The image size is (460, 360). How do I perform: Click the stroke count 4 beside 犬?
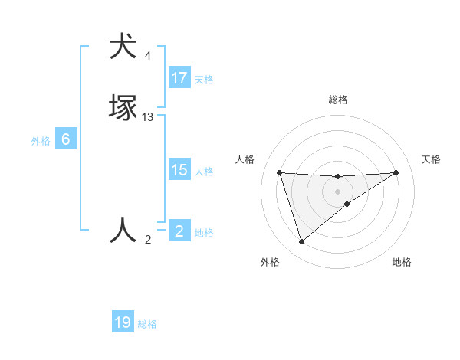(148, 56)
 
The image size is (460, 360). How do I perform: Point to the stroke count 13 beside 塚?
(148, 117)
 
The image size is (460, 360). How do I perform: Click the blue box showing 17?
(179, 78)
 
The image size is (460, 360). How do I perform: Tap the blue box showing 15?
(179, 170)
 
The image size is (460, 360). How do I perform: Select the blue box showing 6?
(66, 139)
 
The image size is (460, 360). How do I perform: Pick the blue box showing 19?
(123, 322)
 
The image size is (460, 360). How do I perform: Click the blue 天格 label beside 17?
(204, 79)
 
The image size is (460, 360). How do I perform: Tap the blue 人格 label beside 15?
(205, 172)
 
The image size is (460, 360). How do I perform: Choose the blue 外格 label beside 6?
(41, 141)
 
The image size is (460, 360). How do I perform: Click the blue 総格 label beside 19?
(147, 324)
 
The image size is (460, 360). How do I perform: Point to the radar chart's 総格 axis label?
(337, 100)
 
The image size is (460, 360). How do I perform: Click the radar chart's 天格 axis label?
(431, 159)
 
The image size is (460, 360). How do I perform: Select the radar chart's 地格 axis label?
(402, 262)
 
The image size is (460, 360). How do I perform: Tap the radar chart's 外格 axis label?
(270, 262)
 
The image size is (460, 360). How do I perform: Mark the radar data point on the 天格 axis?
(396, 172)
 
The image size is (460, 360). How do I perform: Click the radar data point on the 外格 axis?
(301, 241)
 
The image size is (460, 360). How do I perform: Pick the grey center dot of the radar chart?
(337, 191)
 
